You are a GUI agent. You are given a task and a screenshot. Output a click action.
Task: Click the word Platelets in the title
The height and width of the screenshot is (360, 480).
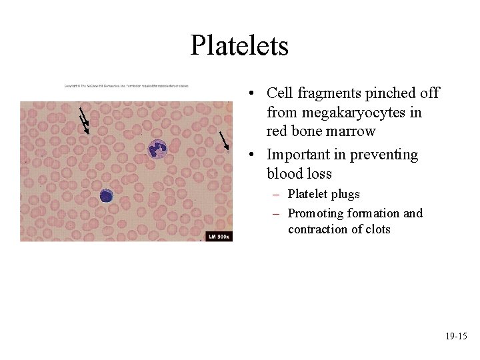(x=239, y=45)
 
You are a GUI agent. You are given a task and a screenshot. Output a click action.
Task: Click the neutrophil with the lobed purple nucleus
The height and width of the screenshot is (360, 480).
(x=157, y=147)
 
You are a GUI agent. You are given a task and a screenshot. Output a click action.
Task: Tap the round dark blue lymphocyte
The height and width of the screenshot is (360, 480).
(x=107, y=195)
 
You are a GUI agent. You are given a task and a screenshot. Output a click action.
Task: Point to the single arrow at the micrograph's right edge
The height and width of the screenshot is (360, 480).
(x=224, y=140)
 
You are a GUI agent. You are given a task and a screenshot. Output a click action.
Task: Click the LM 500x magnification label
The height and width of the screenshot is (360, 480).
(x=219, y=236)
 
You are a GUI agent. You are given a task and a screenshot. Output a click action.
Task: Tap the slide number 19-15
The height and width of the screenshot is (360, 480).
(x=456, y=337)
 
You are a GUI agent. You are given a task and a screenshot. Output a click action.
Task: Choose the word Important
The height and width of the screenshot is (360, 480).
(x=300, y=155)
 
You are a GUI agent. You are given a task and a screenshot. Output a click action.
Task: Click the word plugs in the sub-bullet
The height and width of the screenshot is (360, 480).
(x=345, y=194)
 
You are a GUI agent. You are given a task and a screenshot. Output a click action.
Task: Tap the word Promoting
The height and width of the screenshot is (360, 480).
(x=315, y=213)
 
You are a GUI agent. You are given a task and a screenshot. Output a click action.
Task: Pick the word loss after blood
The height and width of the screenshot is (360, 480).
(x=318, y=174)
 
